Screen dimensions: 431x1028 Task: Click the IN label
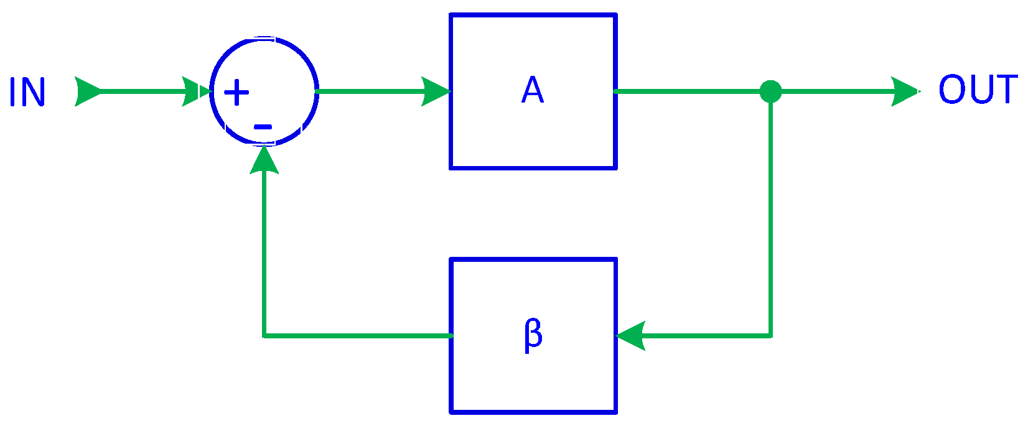pos(27,92)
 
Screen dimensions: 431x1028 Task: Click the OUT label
pos(977,90)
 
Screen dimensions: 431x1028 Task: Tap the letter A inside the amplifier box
pos(533,91)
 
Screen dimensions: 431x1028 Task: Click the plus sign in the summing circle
pos(236,93)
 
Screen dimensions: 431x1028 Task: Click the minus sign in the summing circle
pos(263,127)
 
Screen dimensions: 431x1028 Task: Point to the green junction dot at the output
pos(770,91)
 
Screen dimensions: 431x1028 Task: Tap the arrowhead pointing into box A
pos(436,91)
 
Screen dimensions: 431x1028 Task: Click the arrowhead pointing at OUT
pos(905,91)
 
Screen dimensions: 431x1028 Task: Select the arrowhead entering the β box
pos(630,336)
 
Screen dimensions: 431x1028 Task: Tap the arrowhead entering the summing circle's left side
pos(196,92)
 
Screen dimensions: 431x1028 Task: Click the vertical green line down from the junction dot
pos(770,218)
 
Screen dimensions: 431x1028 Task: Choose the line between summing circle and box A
pos(367,91)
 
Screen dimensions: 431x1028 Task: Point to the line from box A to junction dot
pos(685,91)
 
